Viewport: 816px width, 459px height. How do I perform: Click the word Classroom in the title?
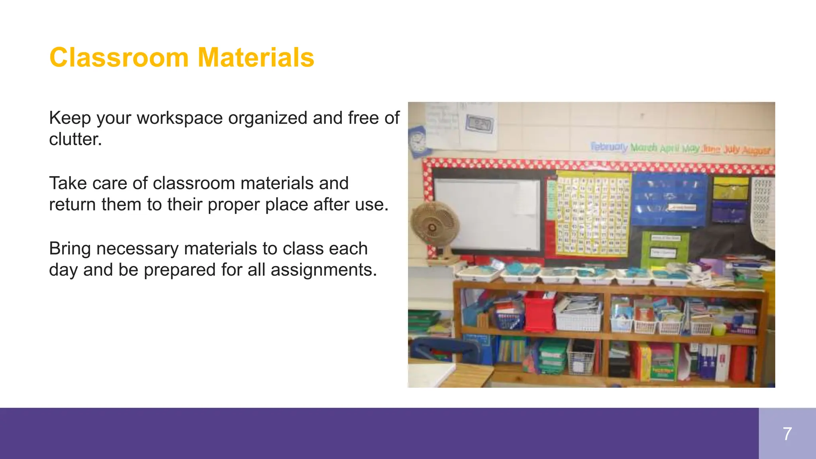click(x=119, y=58)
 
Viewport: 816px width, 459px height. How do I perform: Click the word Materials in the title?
click(x=256, y=58)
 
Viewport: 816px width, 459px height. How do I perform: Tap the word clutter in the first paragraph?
click(x=75, y=139)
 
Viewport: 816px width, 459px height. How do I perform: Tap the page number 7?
click(x=787, y=433)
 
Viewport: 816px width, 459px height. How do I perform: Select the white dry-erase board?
click(x=487, y=215)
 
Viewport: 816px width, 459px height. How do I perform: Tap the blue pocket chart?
click(x=669, y=199)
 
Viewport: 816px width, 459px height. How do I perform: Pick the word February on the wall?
click(x=609, y=147)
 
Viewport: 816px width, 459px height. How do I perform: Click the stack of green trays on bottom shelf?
click(x=553, y=357)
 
